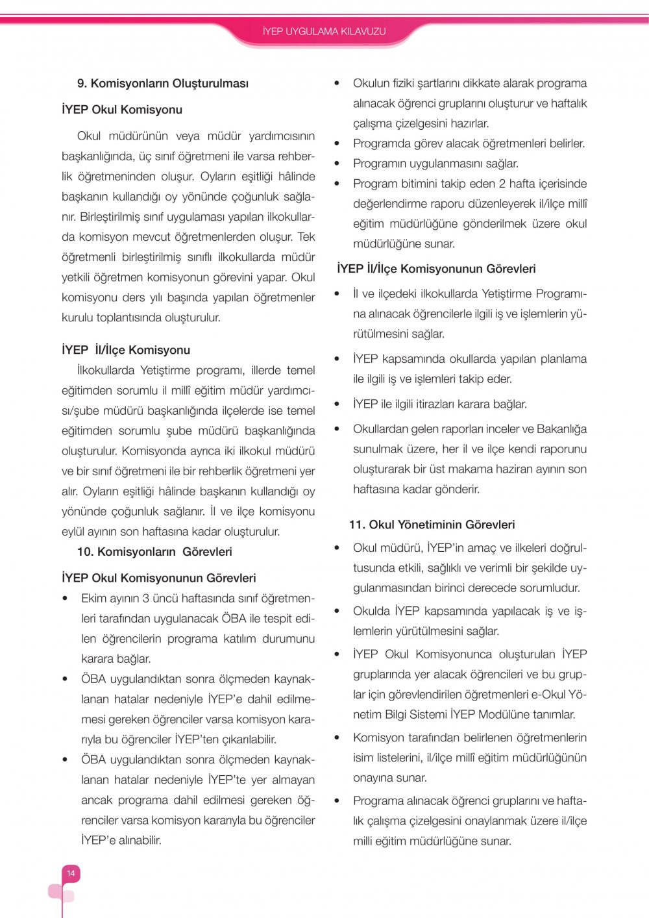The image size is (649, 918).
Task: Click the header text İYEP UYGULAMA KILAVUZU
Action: (x=324, y=31)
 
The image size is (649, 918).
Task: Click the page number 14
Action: (x=71, y=873)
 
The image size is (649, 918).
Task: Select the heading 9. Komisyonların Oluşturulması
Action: (x=163, y=83)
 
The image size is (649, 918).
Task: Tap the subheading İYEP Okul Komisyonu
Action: (x=122, y=110)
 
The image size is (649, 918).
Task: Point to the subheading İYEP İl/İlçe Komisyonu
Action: (x=126, y=350)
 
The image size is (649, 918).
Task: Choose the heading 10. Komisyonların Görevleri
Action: (x=154, y=552)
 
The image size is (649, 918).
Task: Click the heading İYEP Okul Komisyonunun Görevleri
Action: (x=159, y=578)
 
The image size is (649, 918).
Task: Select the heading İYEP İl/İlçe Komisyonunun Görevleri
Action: (x=436, y=269)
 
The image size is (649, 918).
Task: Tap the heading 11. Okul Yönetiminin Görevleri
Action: (x=432, y=525)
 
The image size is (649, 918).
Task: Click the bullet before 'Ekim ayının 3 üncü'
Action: (x=65, y=599)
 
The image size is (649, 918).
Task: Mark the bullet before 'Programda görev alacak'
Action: (x=337, y=143)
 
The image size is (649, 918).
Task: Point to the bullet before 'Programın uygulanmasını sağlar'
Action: (x=337, y=164)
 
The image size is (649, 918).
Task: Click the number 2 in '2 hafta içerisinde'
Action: (x=502, y=184)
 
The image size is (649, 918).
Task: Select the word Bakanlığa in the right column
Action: (x=561, y=429)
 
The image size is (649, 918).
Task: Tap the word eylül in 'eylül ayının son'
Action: (x=73, y=532)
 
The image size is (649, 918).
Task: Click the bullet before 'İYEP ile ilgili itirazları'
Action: (x=337, y=404)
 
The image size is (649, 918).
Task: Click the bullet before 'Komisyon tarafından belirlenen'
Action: (x=337, y=738)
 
